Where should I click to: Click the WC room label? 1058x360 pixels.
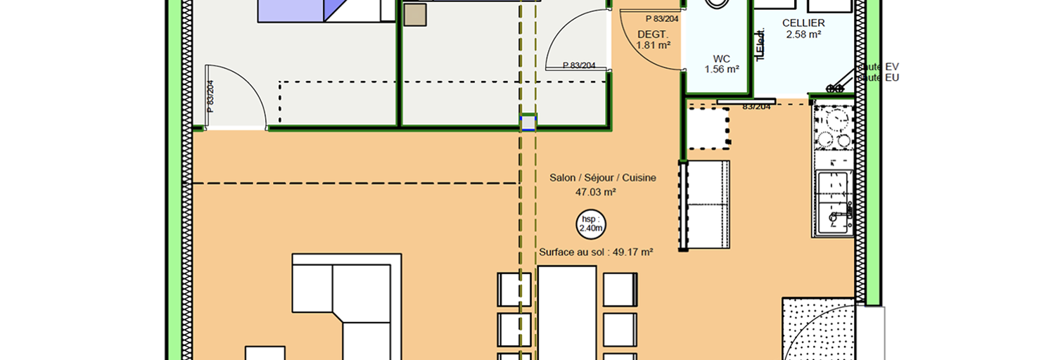722,58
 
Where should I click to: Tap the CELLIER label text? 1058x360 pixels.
803,23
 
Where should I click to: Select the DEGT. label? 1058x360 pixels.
652,34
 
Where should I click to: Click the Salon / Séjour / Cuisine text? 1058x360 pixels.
602,178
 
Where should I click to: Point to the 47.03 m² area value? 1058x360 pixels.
596,191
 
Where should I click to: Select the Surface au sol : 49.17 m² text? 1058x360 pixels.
596,252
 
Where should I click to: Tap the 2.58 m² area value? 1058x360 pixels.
803,34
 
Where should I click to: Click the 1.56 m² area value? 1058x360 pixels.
722,69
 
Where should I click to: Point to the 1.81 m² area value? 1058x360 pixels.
652,45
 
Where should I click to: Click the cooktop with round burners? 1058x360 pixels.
833,129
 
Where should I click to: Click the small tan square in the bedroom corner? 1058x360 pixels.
415,15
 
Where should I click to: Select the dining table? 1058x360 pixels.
567,313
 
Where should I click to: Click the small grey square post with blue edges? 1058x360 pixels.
528,123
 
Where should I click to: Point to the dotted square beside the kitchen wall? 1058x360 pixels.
707,128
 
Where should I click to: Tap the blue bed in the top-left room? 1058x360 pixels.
292,10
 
